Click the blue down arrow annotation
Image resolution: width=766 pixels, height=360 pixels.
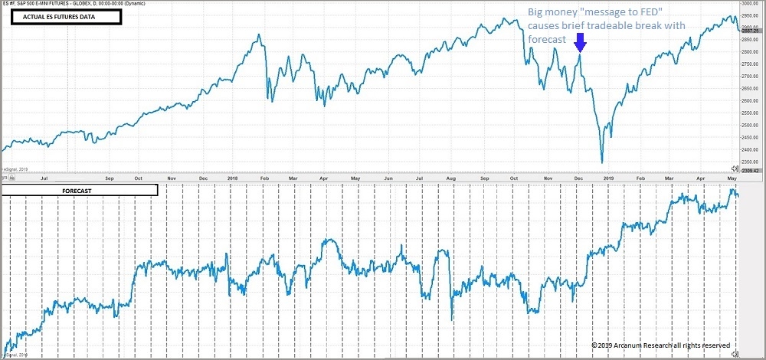coord(580,43)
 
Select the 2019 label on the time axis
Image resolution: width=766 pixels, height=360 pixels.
coord(609,178)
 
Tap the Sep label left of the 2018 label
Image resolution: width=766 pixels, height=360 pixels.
coord(110,178)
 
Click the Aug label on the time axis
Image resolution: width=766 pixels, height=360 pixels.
coord(450,178)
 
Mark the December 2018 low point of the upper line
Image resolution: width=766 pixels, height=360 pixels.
coord(602,162)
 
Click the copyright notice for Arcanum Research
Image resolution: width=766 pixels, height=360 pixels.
coord(660,345)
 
